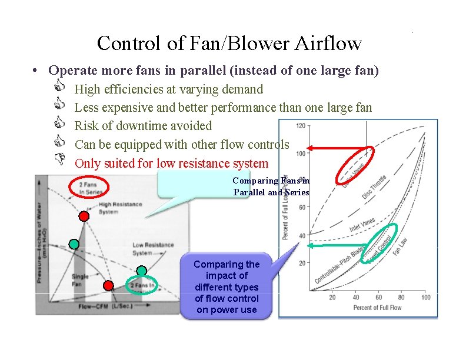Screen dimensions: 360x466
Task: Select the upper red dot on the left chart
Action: point(84,216)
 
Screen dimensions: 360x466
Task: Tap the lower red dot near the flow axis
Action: point(108,286)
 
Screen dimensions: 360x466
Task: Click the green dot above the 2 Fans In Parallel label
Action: point(141,271)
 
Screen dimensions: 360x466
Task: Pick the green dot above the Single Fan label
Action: point(74,243)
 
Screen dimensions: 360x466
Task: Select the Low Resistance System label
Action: point(152,248)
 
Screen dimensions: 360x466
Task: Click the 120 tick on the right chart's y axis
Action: point(300,126)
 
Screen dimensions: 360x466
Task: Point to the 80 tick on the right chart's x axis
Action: point(402,297)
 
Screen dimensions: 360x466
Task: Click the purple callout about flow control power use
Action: point(227,287)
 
